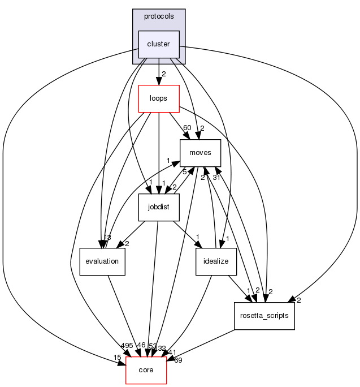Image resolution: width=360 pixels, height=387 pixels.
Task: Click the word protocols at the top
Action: click(x=159, y=16)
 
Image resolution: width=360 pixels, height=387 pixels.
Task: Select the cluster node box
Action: click(x=159, y=44)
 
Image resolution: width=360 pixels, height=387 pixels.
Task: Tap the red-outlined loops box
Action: click(x=159, y=98)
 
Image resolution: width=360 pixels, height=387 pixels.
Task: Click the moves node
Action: click(x=199, y=153)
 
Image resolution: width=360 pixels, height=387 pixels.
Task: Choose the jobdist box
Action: click(x=159, y=207)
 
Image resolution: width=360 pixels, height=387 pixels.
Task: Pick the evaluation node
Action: click(x=102, y=261)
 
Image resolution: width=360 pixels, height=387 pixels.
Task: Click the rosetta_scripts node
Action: click(x=264, y=316)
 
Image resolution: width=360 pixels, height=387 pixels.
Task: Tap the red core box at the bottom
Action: click(x=146, y=370)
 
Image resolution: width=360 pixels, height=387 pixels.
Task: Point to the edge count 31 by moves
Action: click(x=216, y=178)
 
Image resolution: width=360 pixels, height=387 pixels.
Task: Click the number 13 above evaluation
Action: click(x=106, y=236)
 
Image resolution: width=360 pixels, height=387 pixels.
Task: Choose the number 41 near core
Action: click(x=172, y=351)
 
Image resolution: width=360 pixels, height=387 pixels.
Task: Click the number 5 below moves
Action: click(x=184, y=171)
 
